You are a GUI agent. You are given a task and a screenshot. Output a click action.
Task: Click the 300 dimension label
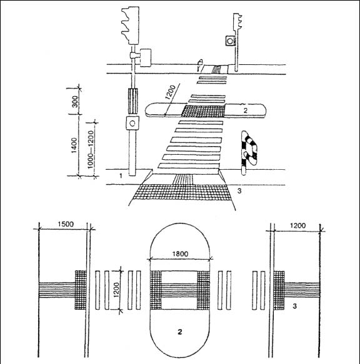75,101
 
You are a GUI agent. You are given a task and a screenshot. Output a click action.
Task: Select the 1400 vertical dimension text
74,145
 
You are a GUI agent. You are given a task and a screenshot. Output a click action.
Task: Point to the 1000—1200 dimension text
91,149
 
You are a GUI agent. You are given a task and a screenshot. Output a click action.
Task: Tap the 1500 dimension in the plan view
66,224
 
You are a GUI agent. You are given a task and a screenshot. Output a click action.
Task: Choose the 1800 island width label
180,253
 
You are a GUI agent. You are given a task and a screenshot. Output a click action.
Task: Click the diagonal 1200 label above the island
171,92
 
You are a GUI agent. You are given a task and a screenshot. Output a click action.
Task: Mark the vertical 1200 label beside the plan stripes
116,290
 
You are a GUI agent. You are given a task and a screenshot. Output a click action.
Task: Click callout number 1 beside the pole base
121,175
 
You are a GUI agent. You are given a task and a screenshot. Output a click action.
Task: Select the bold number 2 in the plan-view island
179,332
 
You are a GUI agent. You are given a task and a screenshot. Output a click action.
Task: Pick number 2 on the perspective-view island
246,111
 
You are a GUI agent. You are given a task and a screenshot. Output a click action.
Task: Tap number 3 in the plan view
295,306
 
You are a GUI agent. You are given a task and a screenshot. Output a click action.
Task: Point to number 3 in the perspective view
239,191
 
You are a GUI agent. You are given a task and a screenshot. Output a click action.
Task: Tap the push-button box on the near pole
132,123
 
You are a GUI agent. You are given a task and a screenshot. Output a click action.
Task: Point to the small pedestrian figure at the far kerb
200,65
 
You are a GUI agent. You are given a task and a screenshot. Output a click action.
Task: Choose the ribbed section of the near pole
133,101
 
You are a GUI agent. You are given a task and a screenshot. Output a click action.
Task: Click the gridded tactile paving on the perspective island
203,111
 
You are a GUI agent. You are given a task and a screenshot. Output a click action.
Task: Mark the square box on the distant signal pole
231,41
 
